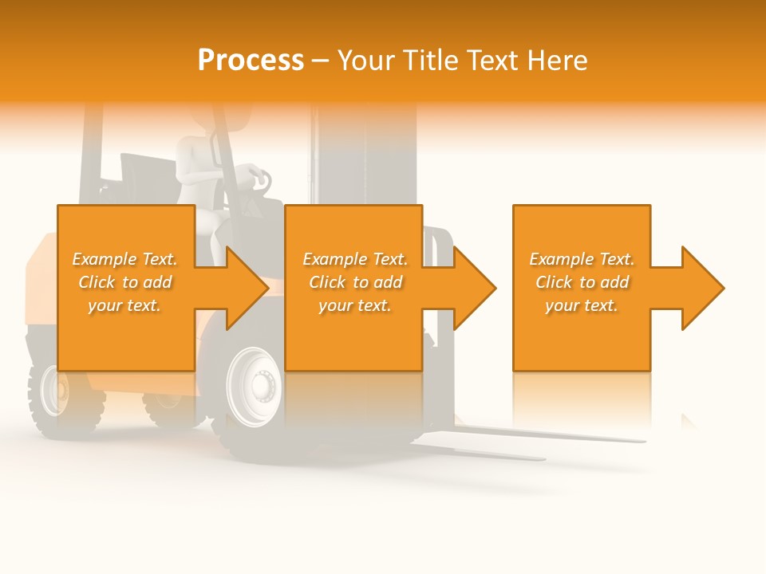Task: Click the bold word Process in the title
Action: (x=251, y=61)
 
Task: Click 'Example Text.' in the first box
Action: (x=124, y=259)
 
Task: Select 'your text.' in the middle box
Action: (x=355, y=305)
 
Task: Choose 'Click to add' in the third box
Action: (x=582, y=282)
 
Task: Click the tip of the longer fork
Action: (x=642, y=439)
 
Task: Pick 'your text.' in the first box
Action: (x=124, y=305)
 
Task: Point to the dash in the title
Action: (x=320, y=61)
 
